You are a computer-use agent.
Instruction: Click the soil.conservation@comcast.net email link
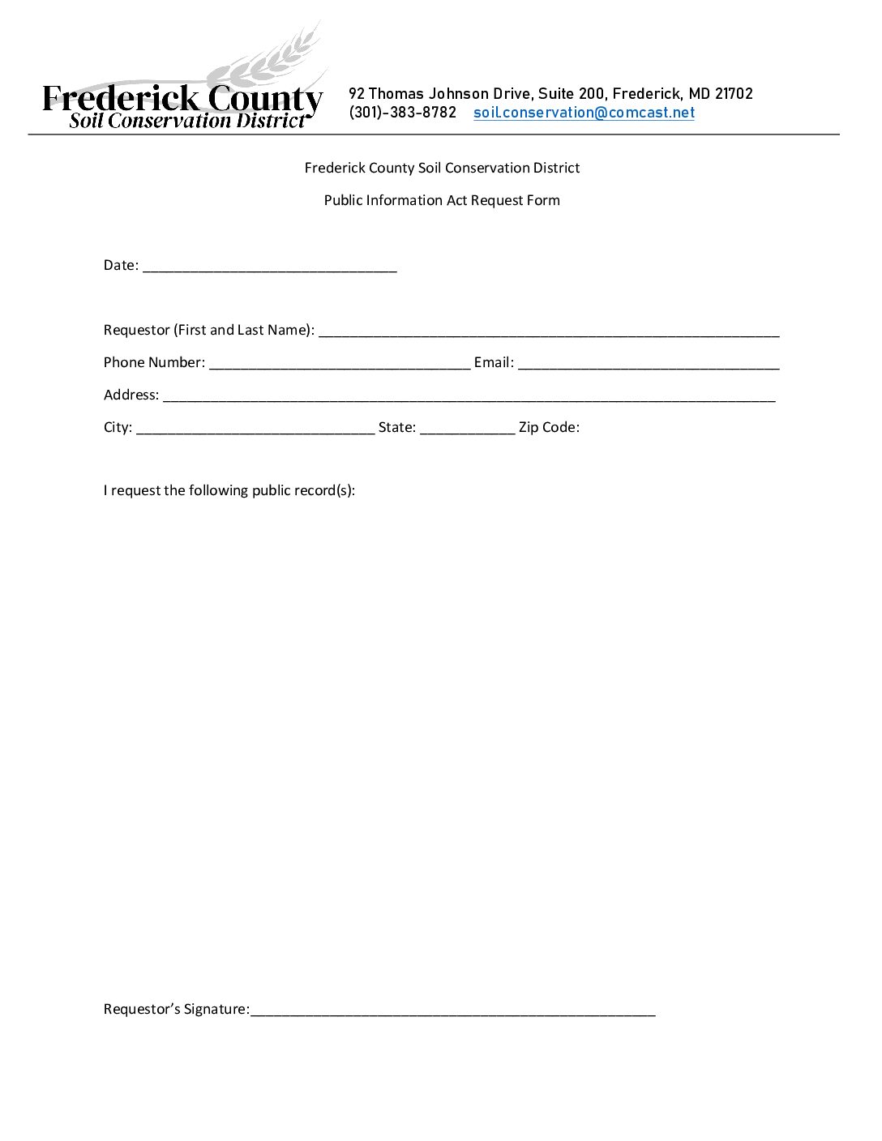point(584,113)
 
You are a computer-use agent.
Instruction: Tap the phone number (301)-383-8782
point(403,113)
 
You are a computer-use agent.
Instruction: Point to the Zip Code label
point(549,427)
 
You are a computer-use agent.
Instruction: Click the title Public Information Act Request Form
point(442,200)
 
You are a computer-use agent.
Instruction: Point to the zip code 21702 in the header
point(734,94)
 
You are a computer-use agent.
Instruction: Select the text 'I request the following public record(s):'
point(229,490)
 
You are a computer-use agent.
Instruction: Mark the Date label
point(121,265)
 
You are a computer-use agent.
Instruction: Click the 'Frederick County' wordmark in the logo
point(182,99)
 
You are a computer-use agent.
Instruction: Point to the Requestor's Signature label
point(176,1009)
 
